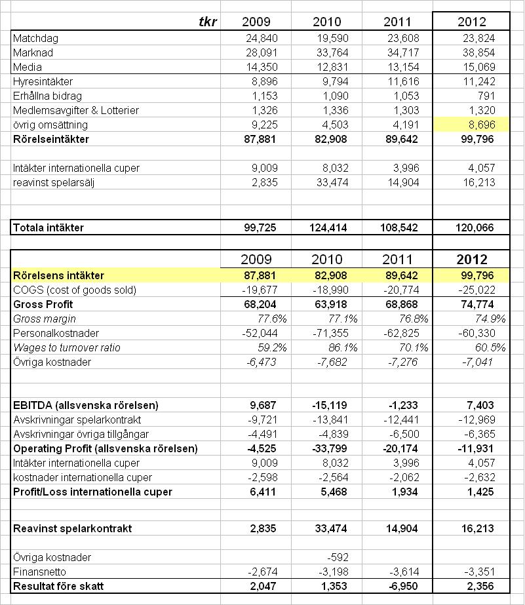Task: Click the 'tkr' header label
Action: coord(208,22)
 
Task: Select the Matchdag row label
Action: coord(36,38)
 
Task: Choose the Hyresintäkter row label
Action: coord(43,81)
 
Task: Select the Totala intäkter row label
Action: coord(49,227)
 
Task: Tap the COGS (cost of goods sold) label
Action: coord(75,290)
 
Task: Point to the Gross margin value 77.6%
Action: coord(272,319)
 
